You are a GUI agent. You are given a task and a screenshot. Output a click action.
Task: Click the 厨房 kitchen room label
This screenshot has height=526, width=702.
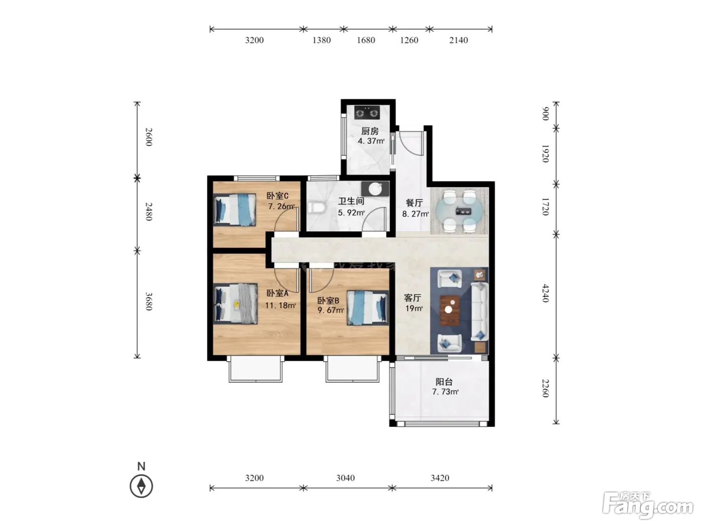coord(370,131)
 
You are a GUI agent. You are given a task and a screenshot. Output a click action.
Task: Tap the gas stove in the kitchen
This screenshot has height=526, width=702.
coord(367,112)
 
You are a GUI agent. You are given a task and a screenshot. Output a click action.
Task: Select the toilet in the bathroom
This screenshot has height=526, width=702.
coord(316,208)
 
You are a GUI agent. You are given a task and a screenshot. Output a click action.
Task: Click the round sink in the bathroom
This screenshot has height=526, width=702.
coord(375,189)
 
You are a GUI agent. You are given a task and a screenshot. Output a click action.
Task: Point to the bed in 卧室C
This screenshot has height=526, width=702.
coord(235,210)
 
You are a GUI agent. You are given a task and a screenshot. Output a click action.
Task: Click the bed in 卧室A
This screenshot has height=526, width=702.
coord(235,304)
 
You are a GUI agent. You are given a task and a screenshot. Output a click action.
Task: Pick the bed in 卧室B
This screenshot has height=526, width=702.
coord(368,308)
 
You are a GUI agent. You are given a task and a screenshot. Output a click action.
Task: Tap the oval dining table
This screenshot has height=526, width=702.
coord(460,211)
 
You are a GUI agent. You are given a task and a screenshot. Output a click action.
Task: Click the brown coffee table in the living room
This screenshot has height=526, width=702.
coord(450,311)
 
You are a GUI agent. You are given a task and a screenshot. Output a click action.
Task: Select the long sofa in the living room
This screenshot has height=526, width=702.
coord(479,312)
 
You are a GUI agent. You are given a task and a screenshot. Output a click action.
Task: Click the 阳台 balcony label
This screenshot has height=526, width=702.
coord(444,382)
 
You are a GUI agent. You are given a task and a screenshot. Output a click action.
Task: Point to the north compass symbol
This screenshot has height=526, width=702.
coord(141,486)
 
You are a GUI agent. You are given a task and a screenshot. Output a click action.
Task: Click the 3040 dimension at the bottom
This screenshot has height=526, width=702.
coord(345,478)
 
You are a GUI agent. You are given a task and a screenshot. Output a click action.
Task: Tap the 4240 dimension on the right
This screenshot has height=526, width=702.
coord(546,293)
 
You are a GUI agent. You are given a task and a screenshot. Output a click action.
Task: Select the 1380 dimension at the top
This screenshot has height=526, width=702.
coord(321,40)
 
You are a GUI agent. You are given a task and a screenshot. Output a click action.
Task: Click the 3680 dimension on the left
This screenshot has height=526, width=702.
coord(149,301)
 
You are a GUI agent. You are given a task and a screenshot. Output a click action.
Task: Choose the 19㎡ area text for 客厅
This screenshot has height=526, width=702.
coord(414,309)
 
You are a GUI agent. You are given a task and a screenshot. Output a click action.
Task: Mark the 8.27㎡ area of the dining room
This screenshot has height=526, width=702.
coord(415,214)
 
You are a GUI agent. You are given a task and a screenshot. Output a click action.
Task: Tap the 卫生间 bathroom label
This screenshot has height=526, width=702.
coord(351,201)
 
